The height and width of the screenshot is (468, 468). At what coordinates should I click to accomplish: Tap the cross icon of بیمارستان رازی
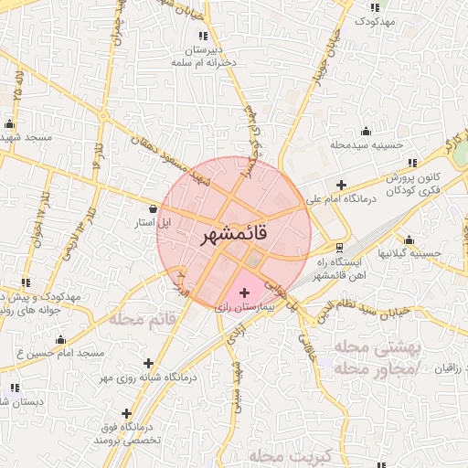[x=243, y=292]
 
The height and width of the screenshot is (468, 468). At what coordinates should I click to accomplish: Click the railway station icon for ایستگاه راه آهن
[x=339, y=247]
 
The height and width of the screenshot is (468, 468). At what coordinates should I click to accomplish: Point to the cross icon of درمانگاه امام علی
[x=342, y=185]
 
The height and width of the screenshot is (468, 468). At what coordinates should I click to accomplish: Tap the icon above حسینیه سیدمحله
[x=367, y=130]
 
